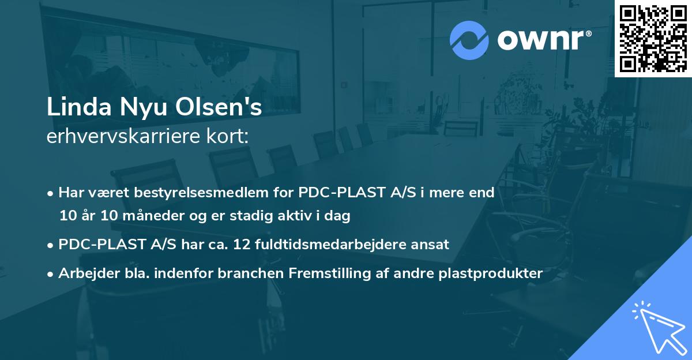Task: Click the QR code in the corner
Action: [x=653, y=38]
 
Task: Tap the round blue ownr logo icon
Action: [x=469, y=40]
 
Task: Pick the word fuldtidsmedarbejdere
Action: [x=339, y=244]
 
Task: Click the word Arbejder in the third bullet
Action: [x=84, y=273]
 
